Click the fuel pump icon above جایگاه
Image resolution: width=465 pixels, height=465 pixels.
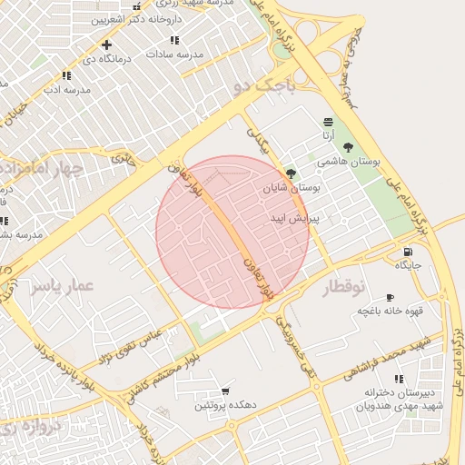(x=406, y=252)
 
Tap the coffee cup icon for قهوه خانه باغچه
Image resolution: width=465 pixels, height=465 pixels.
(x=390, y=298)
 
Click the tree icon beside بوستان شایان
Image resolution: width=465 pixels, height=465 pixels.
(x=291, y=173)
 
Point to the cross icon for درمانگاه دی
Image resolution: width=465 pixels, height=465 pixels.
(x=107, y=45)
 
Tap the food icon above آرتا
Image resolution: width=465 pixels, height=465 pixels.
(x=327, y=122)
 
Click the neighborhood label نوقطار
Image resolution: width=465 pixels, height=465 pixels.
(x=344, y=288)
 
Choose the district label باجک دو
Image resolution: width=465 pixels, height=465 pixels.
(x=263, y=86)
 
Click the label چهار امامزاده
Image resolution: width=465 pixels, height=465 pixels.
(x=42, y=170)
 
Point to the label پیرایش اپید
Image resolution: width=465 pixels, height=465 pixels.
(x=295, y=219)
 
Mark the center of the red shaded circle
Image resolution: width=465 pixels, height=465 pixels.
(x=232, y=232)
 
